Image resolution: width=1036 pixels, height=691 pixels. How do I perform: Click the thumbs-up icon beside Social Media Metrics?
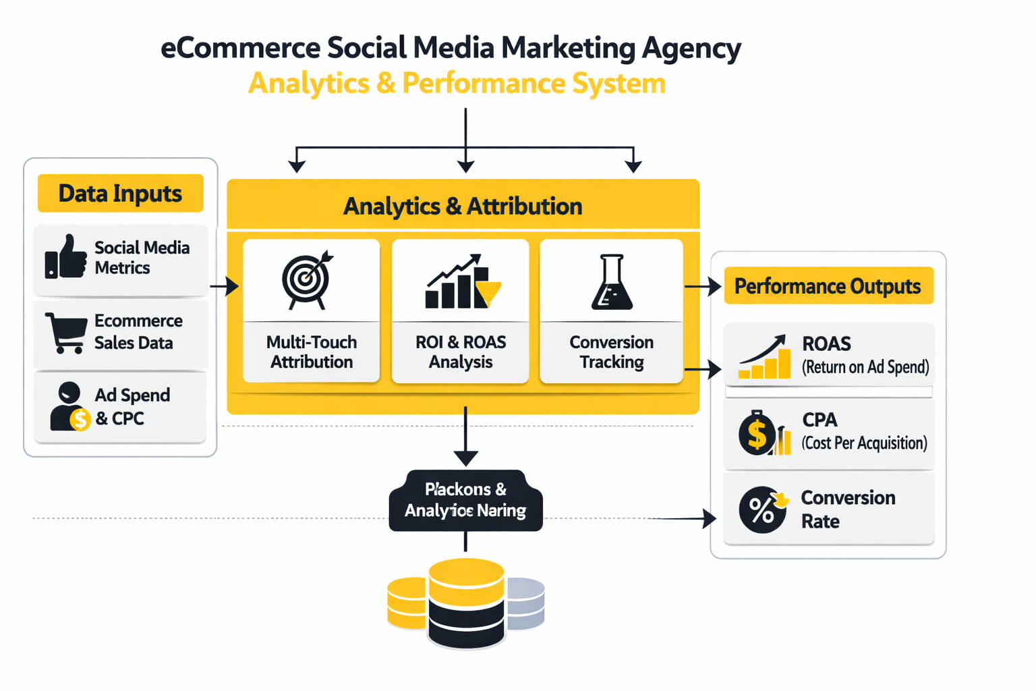click(66, 257)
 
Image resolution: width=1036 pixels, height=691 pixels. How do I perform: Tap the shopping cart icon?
click(65, 332)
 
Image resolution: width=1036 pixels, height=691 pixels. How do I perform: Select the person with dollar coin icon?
click(69, 407)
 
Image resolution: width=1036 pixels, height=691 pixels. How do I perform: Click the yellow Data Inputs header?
click(120, 194)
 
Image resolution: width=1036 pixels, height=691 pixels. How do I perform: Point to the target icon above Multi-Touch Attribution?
click(308, 280)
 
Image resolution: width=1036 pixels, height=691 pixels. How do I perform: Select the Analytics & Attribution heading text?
click(463, 206)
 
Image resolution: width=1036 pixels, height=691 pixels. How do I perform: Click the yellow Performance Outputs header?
click(828, 286)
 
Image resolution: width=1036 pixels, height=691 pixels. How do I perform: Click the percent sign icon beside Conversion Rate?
click(763, 509)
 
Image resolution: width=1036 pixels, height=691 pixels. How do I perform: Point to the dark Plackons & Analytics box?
click(465, 500)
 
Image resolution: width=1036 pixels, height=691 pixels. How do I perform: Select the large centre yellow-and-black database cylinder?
click(466, 603)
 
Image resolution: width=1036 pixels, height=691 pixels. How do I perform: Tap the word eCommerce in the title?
click(240, 48)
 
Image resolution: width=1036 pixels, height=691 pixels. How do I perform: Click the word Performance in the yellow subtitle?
click(483, 84)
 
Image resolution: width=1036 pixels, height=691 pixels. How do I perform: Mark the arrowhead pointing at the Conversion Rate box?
click(709, 518)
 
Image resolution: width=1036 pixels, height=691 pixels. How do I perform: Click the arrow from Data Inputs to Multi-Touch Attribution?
click(225, 286)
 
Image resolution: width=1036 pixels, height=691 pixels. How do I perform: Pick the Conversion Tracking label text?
click(611, 352)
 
